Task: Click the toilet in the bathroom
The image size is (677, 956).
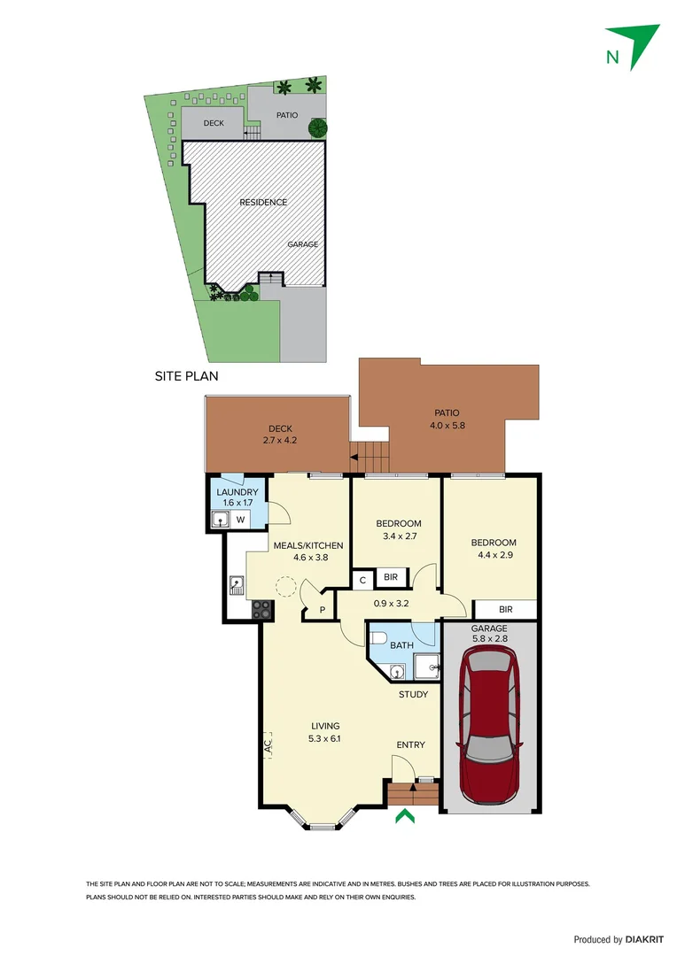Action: click(377, 636)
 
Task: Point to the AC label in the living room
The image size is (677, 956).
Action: click(268, 746)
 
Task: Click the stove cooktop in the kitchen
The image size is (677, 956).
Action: click(261, 608)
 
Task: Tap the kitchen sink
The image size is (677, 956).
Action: click(237, 583)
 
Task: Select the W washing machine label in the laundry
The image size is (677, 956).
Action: click(240, 520)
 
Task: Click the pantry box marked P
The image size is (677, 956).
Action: click(322, 609)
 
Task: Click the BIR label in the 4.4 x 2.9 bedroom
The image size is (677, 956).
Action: click(505, 609)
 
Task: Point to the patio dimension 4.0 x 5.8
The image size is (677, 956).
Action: click(447, 425)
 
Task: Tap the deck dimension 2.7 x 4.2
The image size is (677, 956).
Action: click(280, 440)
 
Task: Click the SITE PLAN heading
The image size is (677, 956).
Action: click(186, 375)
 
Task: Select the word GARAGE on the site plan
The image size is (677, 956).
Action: click(302, 244)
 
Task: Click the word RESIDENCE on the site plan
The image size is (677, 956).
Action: click(263, 202)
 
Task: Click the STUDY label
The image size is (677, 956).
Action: click(413, 694)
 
